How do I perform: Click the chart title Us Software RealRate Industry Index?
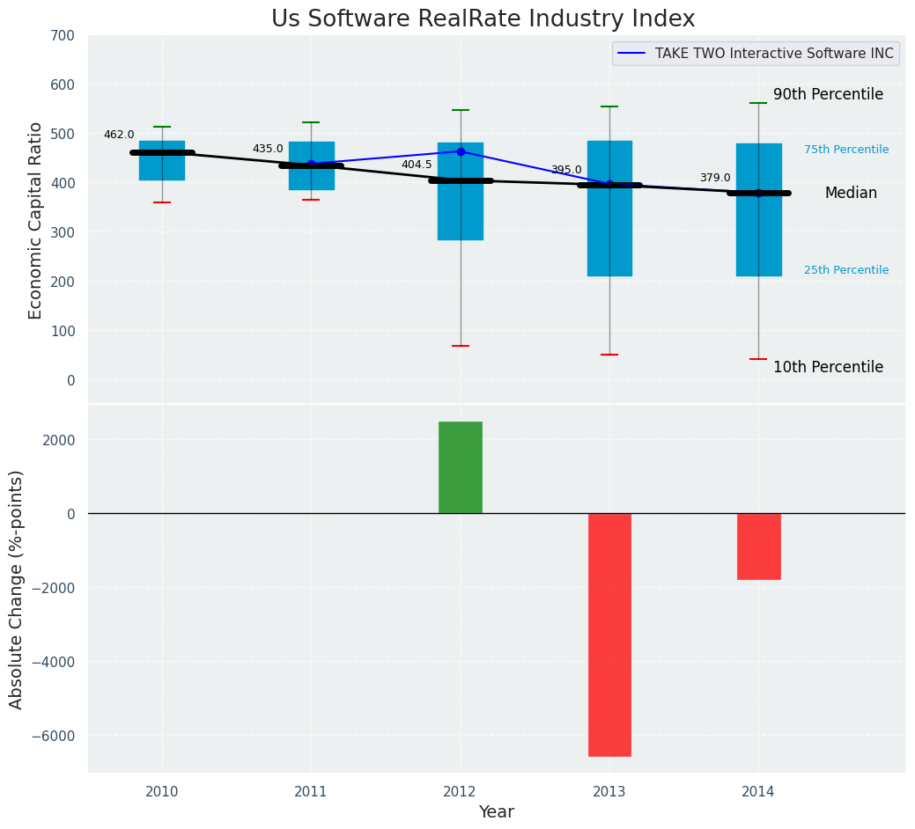coord(483,19)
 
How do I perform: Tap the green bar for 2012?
coord(461,467)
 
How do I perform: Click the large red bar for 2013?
coord(609,635)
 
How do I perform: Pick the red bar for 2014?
coord(758,547)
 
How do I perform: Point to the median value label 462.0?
coord(119,135)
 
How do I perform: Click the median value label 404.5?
coord(417,165)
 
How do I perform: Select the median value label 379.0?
coord(715,178)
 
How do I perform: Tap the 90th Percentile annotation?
coord(828,94)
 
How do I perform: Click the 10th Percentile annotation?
coord(828,367)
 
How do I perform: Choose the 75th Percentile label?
coord(846,150)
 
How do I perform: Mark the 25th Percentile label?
coord(846,270)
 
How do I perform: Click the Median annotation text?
coord(851,193)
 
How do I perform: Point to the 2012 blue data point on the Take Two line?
coord(461,151)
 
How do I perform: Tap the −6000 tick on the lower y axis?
coord(58,736)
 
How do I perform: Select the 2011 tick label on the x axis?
coord(311,792)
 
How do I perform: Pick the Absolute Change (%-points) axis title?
coord(17,589)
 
